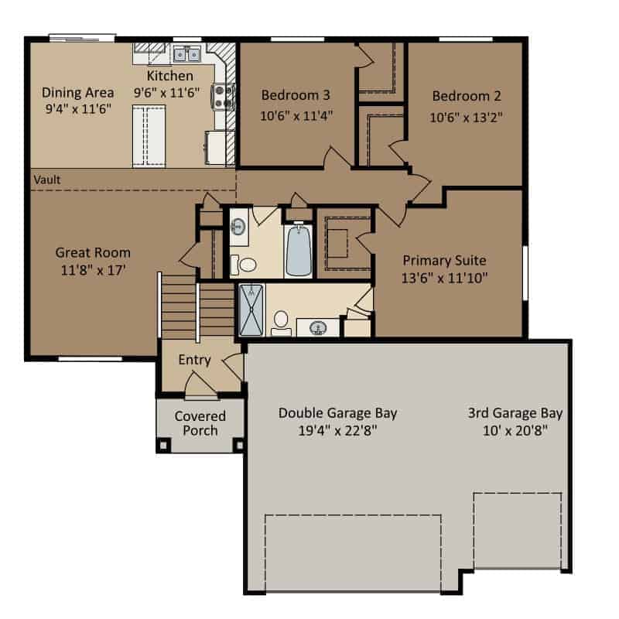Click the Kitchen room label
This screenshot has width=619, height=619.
coord(169,75)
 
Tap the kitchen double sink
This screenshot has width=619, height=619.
coord(187,53)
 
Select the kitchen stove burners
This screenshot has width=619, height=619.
coord(223,97)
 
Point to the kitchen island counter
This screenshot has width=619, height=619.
coord(149,136)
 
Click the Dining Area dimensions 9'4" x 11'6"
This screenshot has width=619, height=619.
coord(78,108)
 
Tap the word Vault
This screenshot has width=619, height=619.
coord(47,180)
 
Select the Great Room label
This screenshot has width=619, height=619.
coord(93,253)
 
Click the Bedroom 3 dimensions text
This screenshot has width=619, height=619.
coord(296,115)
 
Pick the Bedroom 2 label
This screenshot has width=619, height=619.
coord(467,96)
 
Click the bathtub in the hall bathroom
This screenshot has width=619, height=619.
coord(299,250)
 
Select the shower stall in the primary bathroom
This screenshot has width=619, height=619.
coord(251,310)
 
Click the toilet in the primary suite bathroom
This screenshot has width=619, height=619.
coord(281,323)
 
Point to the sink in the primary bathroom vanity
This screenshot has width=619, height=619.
coord(318,327)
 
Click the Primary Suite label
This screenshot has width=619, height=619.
coord(444,261)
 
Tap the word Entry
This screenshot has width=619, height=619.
coord(194,360)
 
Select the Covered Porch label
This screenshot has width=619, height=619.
coord(200,422)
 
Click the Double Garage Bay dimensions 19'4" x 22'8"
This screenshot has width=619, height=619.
coord(337,430)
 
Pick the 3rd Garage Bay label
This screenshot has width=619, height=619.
coord(515,413)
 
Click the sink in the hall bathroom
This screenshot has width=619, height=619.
coord(238,227)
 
